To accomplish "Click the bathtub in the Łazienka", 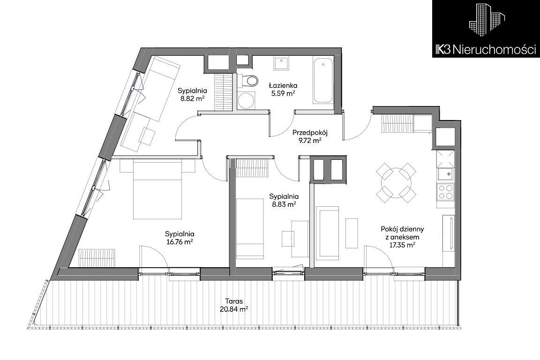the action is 322,81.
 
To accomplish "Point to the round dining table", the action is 396,183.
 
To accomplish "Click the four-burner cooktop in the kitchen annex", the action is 445,192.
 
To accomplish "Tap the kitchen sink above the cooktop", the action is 445,173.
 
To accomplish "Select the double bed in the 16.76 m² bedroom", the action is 157,189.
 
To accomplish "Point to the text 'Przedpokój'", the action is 309,132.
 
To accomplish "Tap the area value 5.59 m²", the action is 283,93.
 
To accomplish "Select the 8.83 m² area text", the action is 284,204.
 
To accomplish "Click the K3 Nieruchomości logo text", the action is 486,50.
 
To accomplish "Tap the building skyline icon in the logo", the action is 486,23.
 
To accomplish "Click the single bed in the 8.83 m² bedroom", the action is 250,228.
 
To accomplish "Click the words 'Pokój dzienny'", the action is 402,229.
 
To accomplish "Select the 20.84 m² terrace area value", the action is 234,309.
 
